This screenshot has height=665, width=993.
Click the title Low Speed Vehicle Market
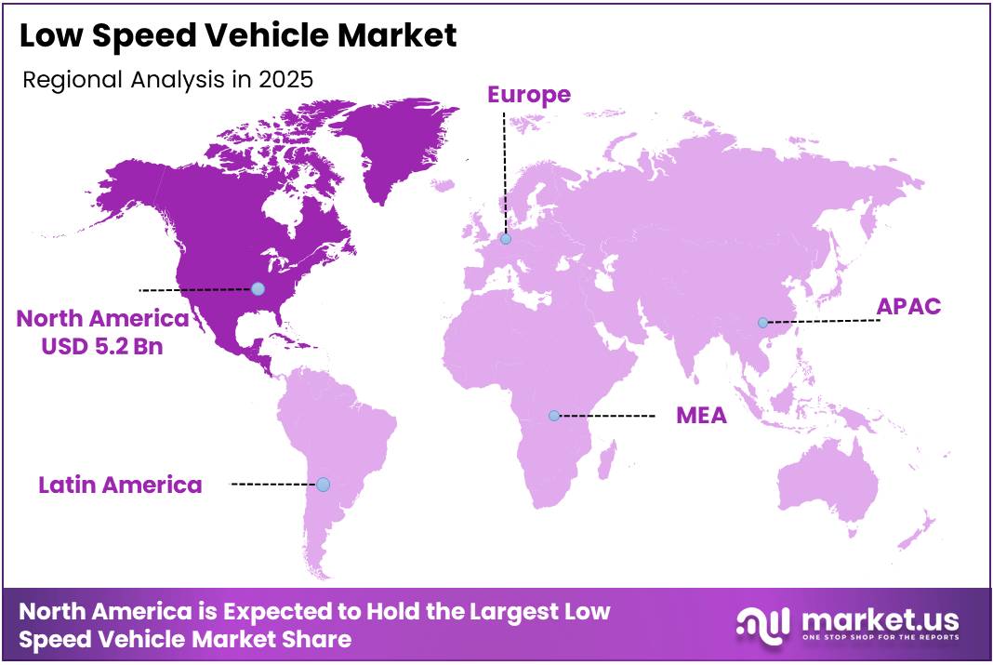point(238,36)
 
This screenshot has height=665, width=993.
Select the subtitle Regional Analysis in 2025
point(167,79)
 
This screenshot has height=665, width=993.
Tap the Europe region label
point(529,94)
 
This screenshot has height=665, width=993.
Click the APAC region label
point(909,307)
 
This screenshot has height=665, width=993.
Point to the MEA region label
point(701,415)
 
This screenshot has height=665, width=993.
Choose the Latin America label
point(120,485)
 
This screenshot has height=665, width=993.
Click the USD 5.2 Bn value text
point(102,347)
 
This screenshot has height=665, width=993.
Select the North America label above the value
point(102,319)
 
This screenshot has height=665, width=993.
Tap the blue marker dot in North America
point(258,289)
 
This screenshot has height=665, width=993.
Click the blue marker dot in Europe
point(506,239)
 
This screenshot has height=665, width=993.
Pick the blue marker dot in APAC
point(762,323)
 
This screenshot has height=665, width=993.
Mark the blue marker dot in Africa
point(554,416)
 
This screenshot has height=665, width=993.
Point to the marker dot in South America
point(323,485)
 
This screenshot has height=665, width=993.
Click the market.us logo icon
point(762,624)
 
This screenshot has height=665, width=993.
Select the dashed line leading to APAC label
point(823,322)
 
